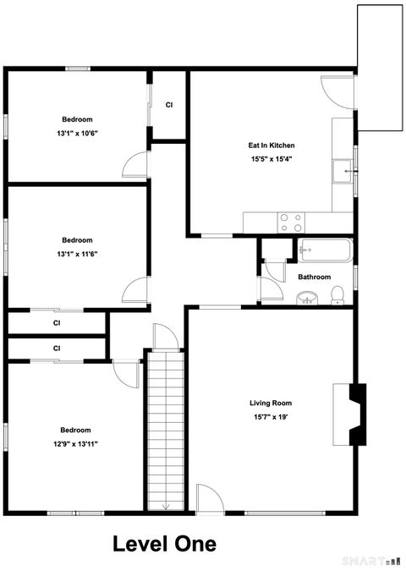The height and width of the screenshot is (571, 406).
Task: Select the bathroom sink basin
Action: [x=306, y=297]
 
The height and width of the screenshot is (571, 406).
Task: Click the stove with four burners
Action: [x=291, y=222]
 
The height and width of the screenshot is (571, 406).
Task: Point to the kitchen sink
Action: [x=343, y=172]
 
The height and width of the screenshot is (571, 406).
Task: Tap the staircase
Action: [x=165, y=431]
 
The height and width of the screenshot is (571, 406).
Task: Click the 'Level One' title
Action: [x=164, y=544]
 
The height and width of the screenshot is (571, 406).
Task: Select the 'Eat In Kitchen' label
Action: [x=272, y=145]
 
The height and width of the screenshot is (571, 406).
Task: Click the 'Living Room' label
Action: [x=271, y=403]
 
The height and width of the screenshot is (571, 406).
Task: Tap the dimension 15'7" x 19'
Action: [x=271, y=416]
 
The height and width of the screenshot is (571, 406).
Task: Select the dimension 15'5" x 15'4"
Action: [x=272, y=159]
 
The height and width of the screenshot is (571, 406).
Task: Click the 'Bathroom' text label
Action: [x=314, y=277]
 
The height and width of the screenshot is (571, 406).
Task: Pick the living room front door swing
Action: [x=209, y=499]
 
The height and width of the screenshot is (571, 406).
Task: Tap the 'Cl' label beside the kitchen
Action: [x=169, y=105]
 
